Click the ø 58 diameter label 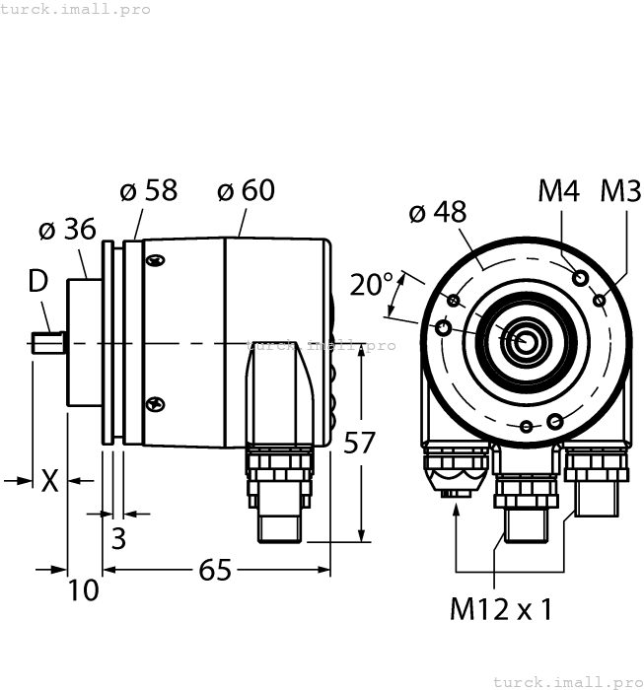click(x=149, y=190)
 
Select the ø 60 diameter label click(x=246, y=190)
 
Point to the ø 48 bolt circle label click(x=437, y=212)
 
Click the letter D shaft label click(x=37, y=281)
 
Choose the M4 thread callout click(x=558, y=190)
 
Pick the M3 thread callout click(x=620, y=190)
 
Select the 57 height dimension click(x=359, y=444)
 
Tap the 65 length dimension click(x=214, y=570)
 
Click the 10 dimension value click(x=84, y=590)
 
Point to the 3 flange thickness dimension click(x=118, y=538)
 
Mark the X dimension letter click(x=49, y=481)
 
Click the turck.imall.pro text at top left click(x=76, y=9)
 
